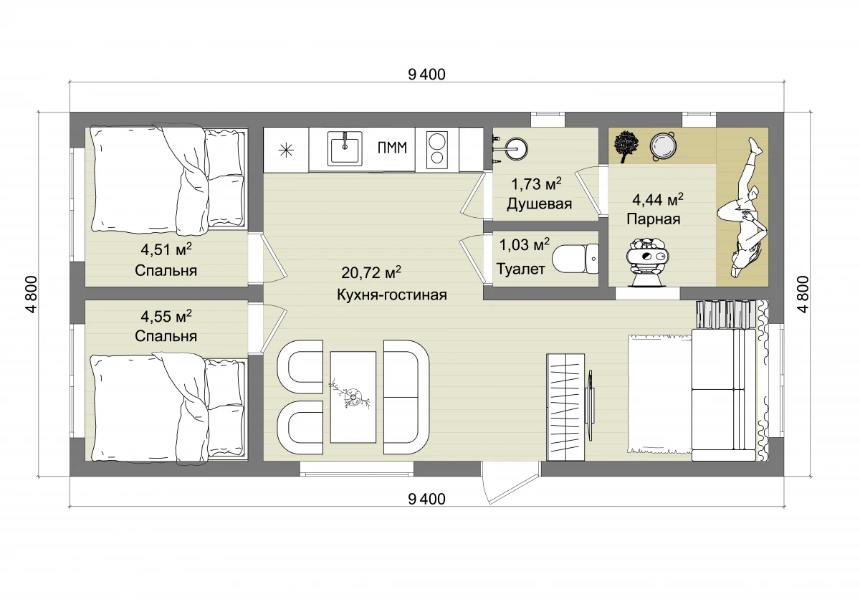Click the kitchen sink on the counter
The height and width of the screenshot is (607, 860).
click(x=345, y=148)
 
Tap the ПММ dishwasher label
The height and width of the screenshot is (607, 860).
click(x=392, y=148)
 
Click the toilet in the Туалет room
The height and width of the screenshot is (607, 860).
click(x=575, y=259)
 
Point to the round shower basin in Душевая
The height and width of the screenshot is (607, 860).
click(x=516, y=148)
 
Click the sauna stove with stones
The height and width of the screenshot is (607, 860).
click(x=647, y=261)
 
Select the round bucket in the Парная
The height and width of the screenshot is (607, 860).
click(x=663, y=146)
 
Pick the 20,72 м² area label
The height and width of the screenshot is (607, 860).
click(x=371, y=272)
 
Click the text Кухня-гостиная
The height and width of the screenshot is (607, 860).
click(x=392, y=295)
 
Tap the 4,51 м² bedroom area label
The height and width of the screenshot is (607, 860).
click(x=166, y=249)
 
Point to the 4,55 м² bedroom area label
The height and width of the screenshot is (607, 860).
click(x=166, y=316)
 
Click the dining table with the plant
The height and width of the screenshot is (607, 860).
click(x=353, y=397)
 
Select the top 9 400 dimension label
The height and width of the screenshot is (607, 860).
click(x=426, y=75)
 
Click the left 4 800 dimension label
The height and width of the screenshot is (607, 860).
click(x=32, y=295)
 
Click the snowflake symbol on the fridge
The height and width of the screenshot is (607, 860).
click(x=286, y=150)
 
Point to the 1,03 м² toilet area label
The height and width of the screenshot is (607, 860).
click(x=524, y=244)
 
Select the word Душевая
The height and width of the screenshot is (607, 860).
click(x=539, y=204)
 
